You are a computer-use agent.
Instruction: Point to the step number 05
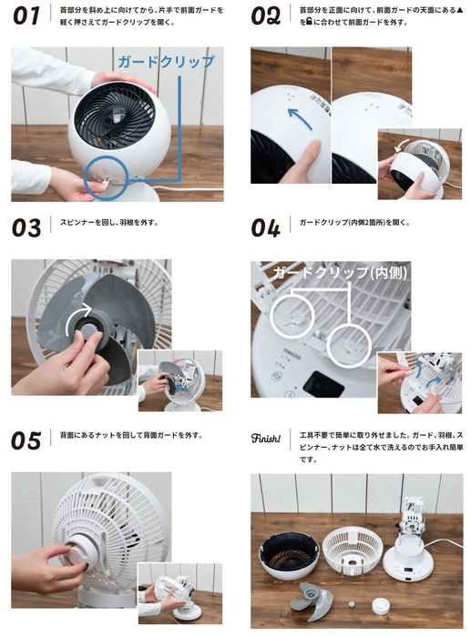[x=26, y=440]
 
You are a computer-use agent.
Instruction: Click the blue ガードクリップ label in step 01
[x=166, y=62]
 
